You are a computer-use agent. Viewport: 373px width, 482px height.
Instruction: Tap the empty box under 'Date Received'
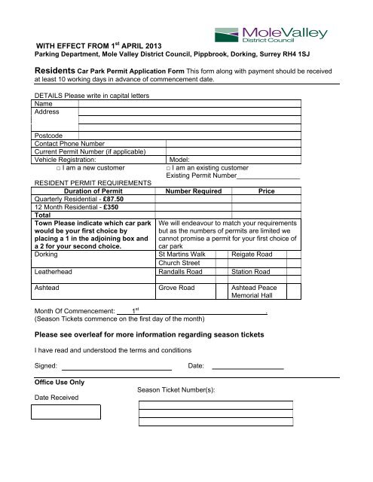point(66,412)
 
